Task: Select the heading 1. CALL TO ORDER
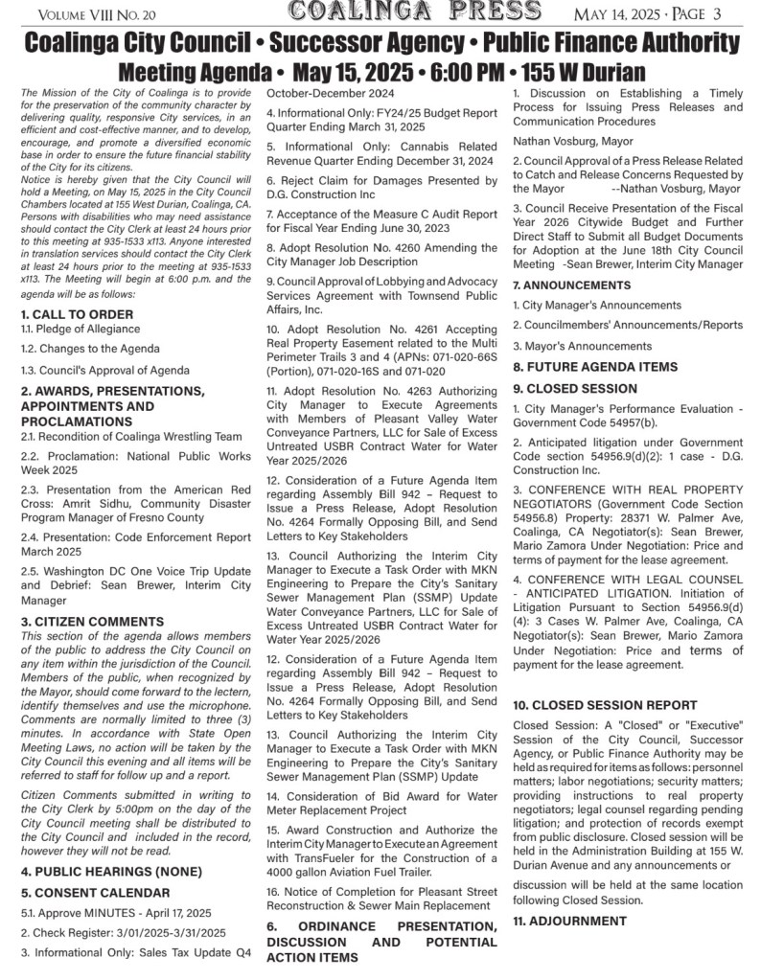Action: (x=78, y=314)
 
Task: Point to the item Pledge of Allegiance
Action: (x=81, y=329)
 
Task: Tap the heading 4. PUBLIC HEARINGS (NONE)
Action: (x=111, y=871)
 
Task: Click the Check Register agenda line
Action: (x=123, y=932)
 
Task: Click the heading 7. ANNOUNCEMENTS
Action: (x=571, y=285)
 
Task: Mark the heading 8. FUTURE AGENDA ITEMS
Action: (x=595, y=367)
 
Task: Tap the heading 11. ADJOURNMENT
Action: (x=569, y=921)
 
